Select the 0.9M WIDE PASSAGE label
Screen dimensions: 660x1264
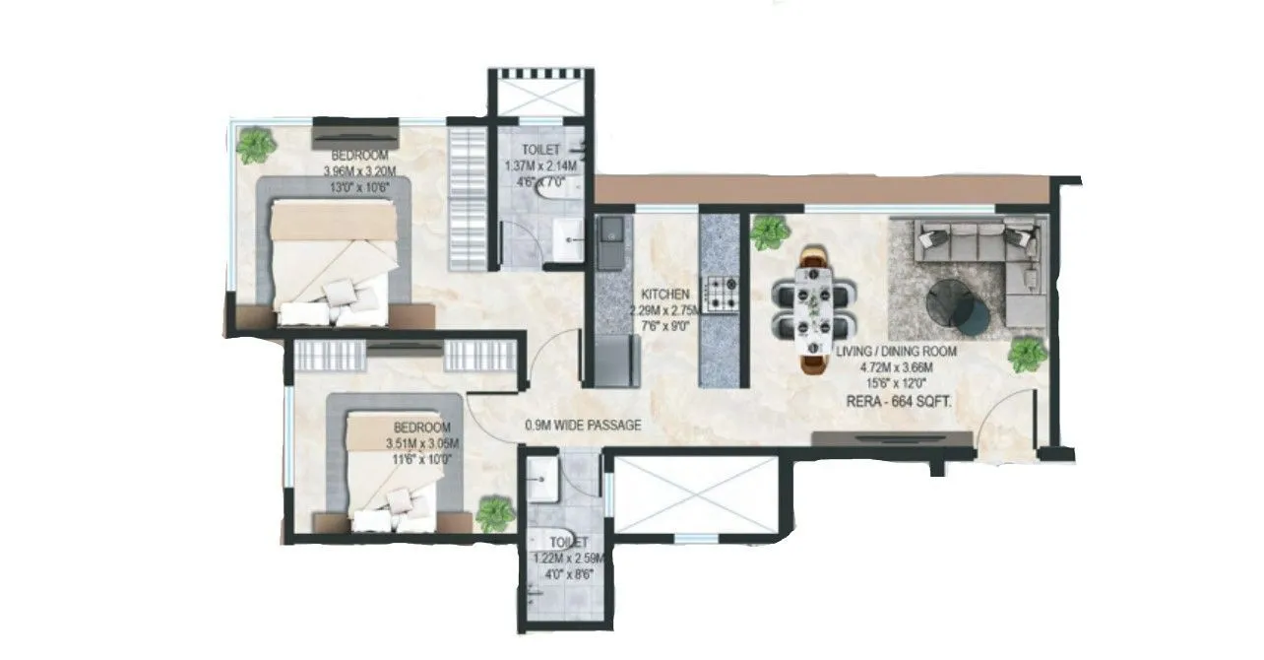point(583,426)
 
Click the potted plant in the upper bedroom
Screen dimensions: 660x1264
point(256,146)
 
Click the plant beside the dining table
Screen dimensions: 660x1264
point(769,232)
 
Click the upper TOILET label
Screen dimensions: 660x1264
point(540,151)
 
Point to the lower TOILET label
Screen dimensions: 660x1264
point(569,543)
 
